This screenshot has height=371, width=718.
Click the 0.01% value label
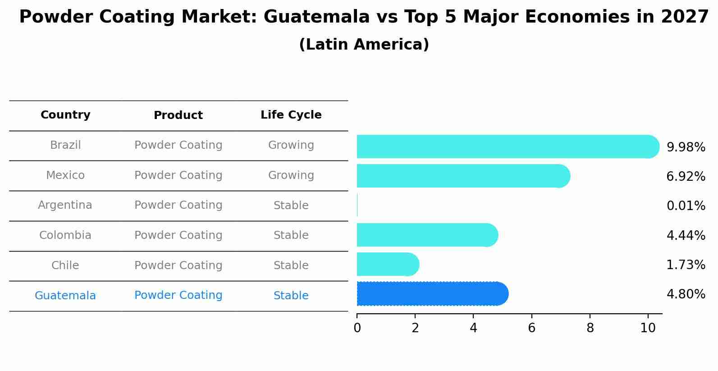click(686, 206)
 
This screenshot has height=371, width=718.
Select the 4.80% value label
click(686, 294)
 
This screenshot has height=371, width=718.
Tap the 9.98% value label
click(686, 147)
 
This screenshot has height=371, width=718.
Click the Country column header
click(65, 115)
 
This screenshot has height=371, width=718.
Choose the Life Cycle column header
click(291, 115)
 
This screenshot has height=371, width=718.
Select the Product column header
click(178, 115)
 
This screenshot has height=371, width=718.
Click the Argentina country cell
click(65, 205)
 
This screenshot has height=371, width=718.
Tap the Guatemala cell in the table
click(65, 296)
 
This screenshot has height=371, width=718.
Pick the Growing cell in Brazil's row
click(291, 145)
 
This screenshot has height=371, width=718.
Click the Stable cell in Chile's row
click(291, 266)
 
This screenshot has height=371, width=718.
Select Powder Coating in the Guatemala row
click(178, 295)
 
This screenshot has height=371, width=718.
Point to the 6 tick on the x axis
click(531, 328)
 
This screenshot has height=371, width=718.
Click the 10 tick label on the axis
click(648, 328)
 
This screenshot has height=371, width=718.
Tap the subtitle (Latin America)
click(364, 45)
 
